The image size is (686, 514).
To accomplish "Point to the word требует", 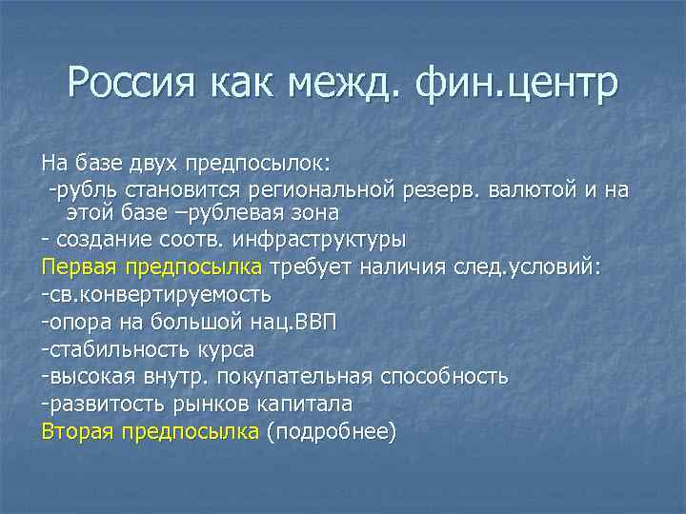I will pos(311,267).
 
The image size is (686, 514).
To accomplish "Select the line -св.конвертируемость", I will pos(156,294).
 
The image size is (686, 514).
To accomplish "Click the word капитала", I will pos(310,405).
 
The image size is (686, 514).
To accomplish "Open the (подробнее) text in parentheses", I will pos(331,432).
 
